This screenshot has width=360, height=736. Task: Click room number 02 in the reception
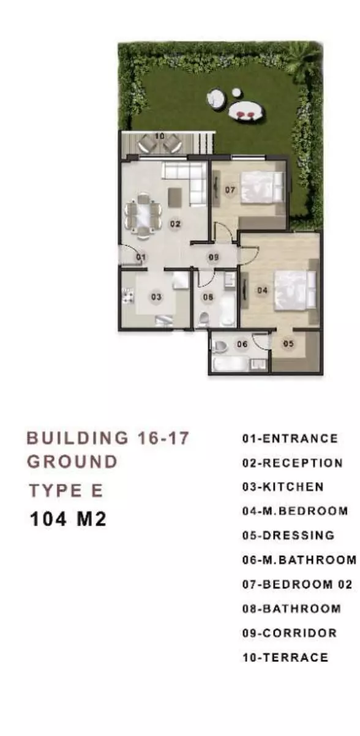pyautogui.click(x=175, y=224)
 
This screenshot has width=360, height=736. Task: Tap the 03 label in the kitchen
pyautogui.click(x=156, y=297)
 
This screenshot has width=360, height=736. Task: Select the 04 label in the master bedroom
pyautogui.click(x=262, y=290)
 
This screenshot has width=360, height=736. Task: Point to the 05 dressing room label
pyautogui.click(x=288, y=344)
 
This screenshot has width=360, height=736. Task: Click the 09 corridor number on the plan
pyautogui.click(x=214, y=257)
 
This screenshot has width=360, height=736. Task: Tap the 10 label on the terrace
pyautogui.click(x=160, y=136)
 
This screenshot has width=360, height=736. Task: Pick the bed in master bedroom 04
pyautogui.click(x=294, y=290)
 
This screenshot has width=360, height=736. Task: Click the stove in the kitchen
pyautogui.click(x=128, y=295)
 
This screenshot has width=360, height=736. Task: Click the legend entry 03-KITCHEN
pyautogui.click(x=283, y=487)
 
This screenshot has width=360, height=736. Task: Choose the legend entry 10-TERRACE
pyautogui.click(x=285, y=657)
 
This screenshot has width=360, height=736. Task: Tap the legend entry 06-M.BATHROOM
pyautogui.click(x=299, y=560)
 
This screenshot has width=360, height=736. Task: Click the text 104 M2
pyautogui.click(x=68, y=519)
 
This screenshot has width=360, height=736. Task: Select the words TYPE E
pyautogui.click(x=66, y=491)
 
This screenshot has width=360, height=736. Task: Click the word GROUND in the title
pyautogui.click(x=72, y=462)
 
